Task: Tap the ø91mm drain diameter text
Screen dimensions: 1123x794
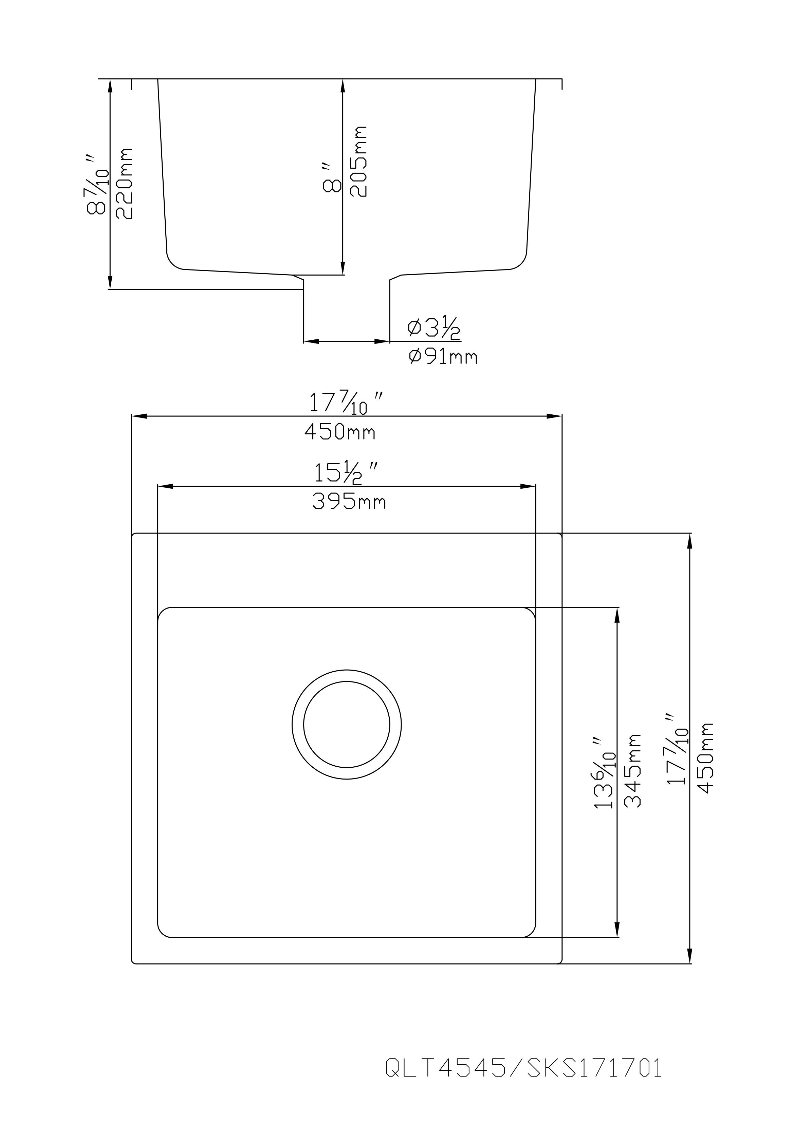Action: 443,357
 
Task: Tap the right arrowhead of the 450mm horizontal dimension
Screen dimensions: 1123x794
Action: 554,416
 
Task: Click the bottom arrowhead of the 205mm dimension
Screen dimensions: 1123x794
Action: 343,268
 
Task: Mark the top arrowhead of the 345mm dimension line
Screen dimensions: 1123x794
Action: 617,615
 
